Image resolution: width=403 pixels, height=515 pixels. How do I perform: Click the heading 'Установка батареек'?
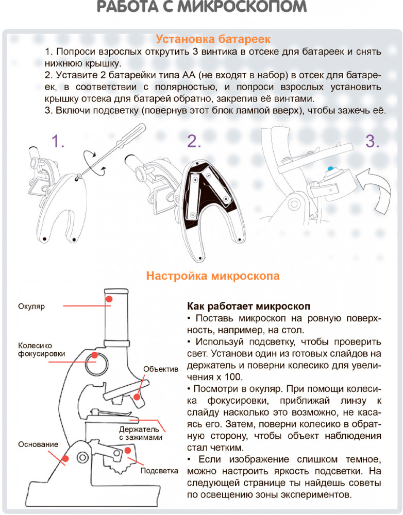pyautogui.click(x=213, y=39)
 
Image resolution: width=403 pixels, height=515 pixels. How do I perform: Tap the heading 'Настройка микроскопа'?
pyautogui.click(x=213, y=276)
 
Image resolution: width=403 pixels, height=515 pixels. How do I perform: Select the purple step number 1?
pyautogui.click(x=58, y=141)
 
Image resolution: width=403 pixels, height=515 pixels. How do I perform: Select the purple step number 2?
pyautogui.click(x=194, y=141)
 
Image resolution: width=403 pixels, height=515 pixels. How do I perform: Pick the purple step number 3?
pyautogui.click(x=372, y=141)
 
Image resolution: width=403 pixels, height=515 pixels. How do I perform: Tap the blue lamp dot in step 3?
pyautogui.click(x=330, y=168)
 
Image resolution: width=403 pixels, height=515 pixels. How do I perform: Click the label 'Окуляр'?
pyautogui.click(x=31, y=306)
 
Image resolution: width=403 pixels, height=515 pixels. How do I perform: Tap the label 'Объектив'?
pyautogui.click(x=160, y=369)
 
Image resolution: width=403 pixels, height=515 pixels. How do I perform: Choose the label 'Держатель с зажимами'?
pyautogui.click(x=141, y=433)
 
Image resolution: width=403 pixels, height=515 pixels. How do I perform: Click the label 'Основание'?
pyautogui.click(x=38, y=444)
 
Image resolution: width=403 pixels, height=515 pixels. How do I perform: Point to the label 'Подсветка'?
pyautogui.click(x=159, y=471)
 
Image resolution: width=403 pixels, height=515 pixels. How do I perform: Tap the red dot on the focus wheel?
pyautogui.click(x=95, y=356)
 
